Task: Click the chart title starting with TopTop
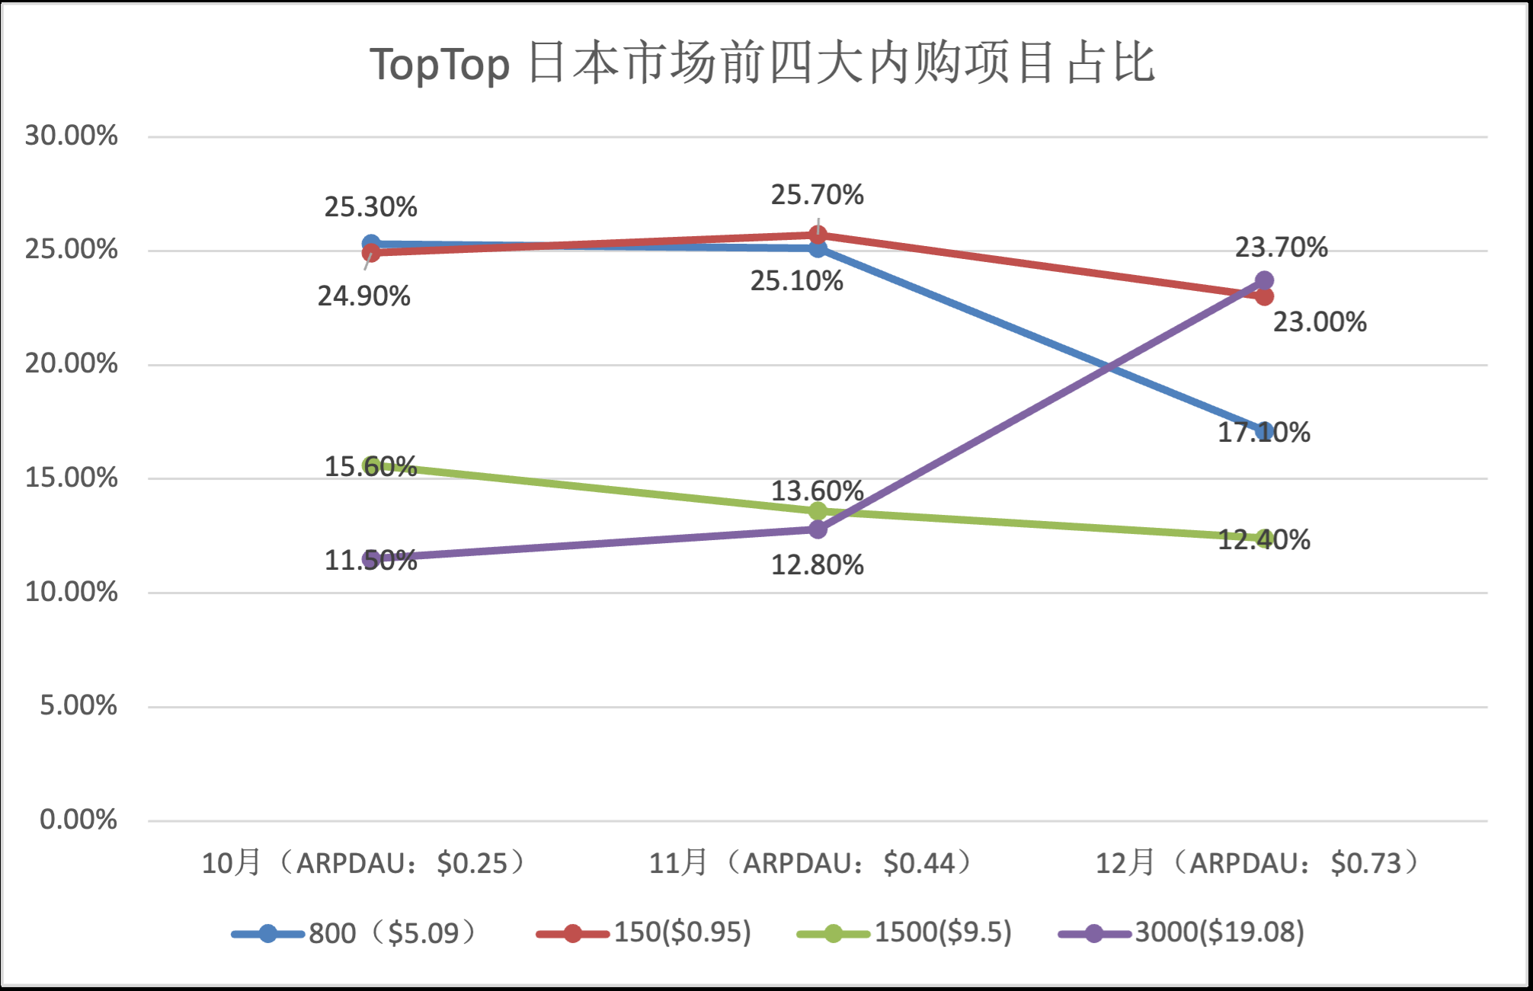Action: [x=763, y=63]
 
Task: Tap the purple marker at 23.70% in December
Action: [x=1264, y=280]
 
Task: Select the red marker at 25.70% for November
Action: [x=818, y=235]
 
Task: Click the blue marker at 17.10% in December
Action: [x=1264, y=431]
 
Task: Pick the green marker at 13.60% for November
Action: [x=818, y=510]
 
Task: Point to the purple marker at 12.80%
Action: [x=818, y=529]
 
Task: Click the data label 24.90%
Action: [x=363, y=296]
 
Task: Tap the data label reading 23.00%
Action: [x=1320, y=321]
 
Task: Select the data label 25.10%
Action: [x=796, y=281]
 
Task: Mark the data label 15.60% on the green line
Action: [x=370, y=466]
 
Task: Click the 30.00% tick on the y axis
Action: [x=71, y=136]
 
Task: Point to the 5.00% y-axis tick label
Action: [x=78, y=705]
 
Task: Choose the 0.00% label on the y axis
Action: [x=78, y=820]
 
